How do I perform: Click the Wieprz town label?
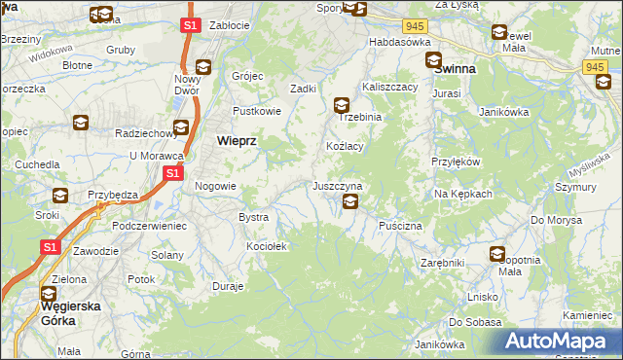pyautogui.click(x=235, y=140)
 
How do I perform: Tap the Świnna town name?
pyautogui.click(x=454, y=70)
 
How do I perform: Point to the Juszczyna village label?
pyautogui.click(x=338, y=185)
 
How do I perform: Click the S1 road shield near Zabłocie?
pyautogui.click(x=192, y=25)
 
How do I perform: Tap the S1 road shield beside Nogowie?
pyautogui.click(x=172, y=173)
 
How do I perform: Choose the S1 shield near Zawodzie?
pyautogui.click(x=51, y=249)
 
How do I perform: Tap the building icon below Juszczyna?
pyautogui.click(x=350, y=202)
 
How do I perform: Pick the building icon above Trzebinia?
pyautogui.click(x=342, y=104)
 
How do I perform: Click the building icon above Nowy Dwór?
pyautogui.click(x=203, y=67)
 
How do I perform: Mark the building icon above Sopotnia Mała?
pyautogui.click(x=497, y=255)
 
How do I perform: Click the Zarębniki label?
pyautogui.click(x=443, y=263)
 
